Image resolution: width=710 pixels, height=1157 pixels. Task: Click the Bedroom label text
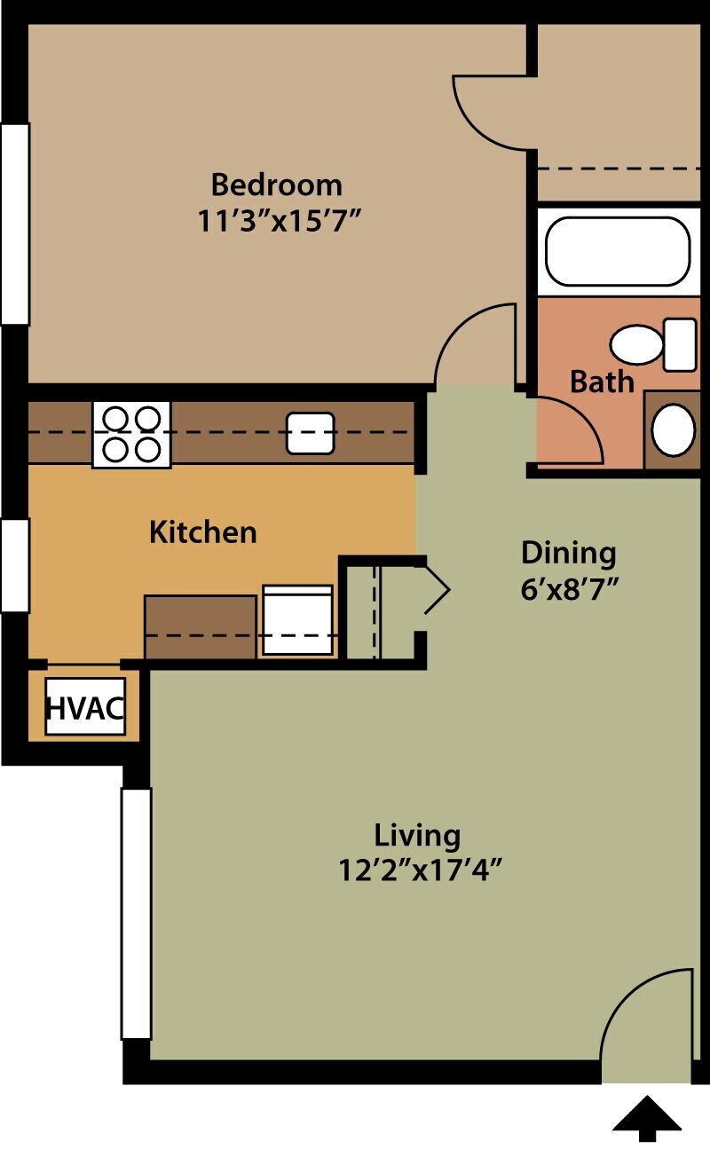click(276, 185)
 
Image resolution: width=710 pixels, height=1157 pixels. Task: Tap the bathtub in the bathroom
click(617, 251)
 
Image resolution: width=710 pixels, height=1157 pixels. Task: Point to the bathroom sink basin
click(673, 430)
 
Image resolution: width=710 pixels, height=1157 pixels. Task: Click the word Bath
click(602, 382)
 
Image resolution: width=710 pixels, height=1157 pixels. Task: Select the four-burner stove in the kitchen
click(131, 434)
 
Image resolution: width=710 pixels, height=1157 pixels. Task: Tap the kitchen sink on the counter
click(310, 433)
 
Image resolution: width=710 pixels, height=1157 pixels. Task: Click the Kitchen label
click(202, 531)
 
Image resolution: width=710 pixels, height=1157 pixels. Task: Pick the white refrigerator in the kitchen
click(298, 620)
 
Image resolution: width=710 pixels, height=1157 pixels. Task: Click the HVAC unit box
click(84, 707)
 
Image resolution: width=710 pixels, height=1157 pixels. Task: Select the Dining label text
click(568, 552)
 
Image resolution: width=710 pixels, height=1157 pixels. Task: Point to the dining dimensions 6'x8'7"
click(568, 588)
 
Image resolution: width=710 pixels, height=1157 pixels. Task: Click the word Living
click(417, 835)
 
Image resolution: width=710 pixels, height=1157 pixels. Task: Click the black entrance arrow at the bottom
click(647, 1118)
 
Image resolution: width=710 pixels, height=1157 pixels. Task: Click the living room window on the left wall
click(136, 913)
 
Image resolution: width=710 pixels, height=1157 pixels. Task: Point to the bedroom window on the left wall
click(15, 224)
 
